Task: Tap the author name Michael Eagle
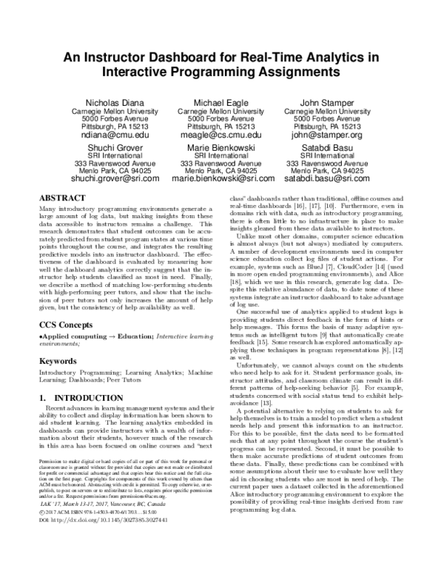[x=221, y=101]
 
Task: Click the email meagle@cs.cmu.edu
[x=221, y=136]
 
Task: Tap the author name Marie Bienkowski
[x=221, y=147]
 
